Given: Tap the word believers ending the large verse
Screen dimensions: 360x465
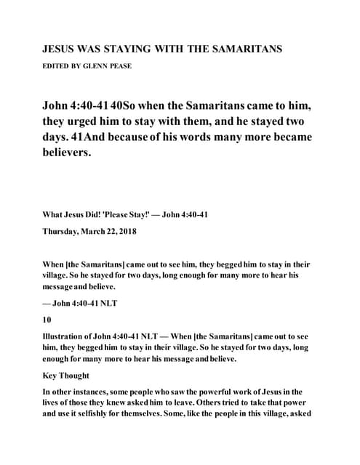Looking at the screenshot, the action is click(69, 153).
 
